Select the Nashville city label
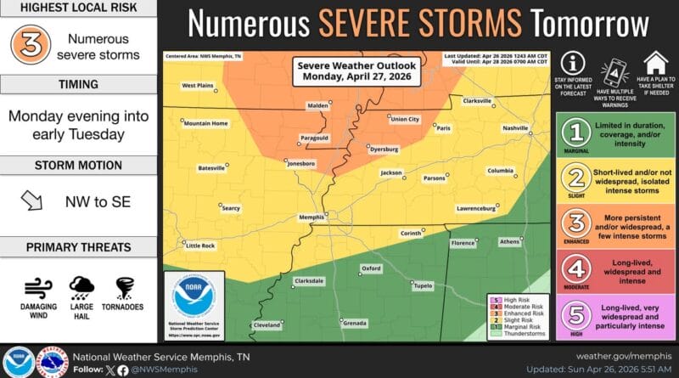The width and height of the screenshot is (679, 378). pyautogui.click(x=514, y=127)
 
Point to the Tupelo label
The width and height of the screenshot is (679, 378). pyautogui.click(x=422, y=285)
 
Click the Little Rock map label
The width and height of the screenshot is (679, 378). pyautogui.click(x=200, y=245)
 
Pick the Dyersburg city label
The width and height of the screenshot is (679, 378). pyautogui.click(x=384, y=149)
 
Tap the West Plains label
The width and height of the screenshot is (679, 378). pyautogui.click(x=197, y=85)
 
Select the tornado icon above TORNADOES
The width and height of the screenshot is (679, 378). pyautogui.click(x=124, y=285)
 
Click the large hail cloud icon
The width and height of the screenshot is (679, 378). pyautogui.click(x=81, y=285)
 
